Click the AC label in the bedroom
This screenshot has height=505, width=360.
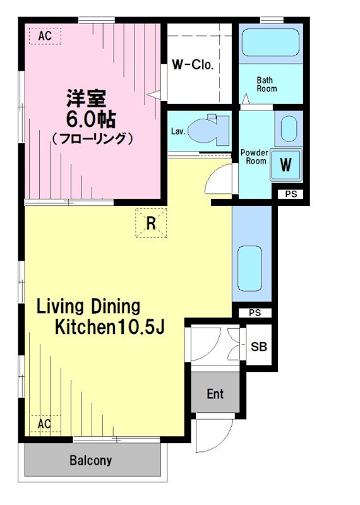tap(44, 37)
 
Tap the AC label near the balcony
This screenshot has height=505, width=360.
tap(44, 424)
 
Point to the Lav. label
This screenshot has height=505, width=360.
tap(177, 132)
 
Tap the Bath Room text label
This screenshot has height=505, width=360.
tap(266, 85)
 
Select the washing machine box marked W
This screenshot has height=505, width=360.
tap(286, 165)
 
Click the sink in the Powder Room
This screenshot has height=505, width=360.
tap(289, 129)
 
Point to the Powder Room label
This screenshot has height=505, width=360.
tap(255, 157)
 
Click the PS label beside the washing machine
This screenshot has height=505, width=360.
tap(290, 194)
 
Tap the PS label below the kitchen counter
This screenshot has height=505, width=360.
tap(255, 312)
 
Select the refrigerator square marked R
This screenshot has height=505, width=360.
tap(151, 223)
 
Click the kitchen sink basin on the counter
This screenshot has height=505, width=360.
tap(249, 267)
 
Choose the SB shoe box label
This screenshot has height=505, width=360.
tap(258, 347)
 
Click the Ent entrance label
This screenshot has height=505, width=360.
tap(215, 394)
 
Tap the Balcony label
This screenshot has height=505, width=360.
tap(90, 460)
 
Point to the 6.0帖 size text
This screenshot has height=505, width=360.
tap(92, 118)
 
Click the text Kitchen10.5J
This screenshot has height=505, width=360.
tap(109, 328)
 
